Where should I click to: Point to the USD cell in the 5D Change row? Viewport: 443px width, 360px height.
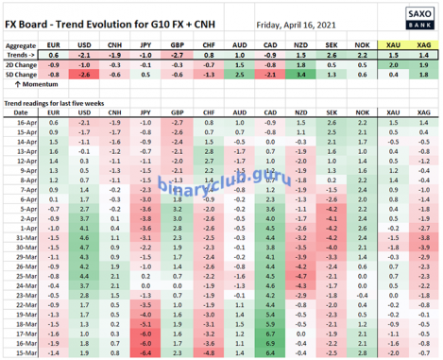(x=85, y=73)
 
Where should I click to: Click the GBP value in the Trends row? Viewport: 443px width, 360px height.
(x=177, y=54)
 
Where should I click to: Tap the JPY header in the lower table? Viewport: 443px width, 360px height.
(x=146, y=112)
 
